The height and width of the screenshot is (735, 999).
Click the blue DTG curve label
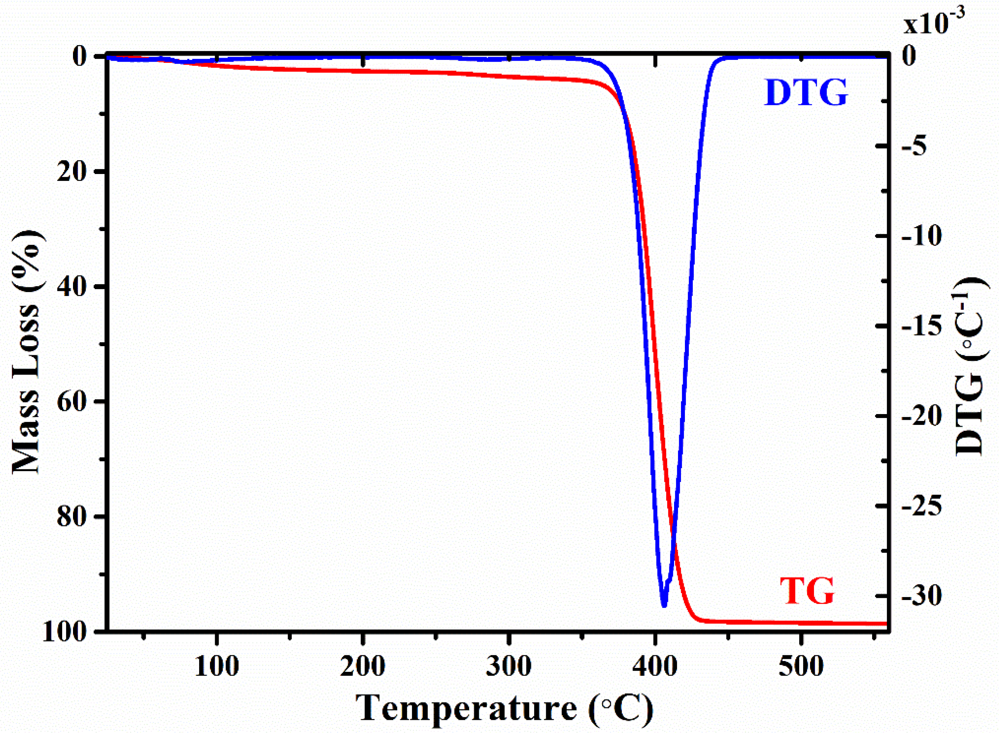coord(806,93)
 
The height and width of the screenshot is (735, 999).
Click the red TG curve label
coord(807,592)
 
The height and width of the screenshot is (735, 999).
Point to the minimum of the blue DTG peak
coord(664,605)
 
